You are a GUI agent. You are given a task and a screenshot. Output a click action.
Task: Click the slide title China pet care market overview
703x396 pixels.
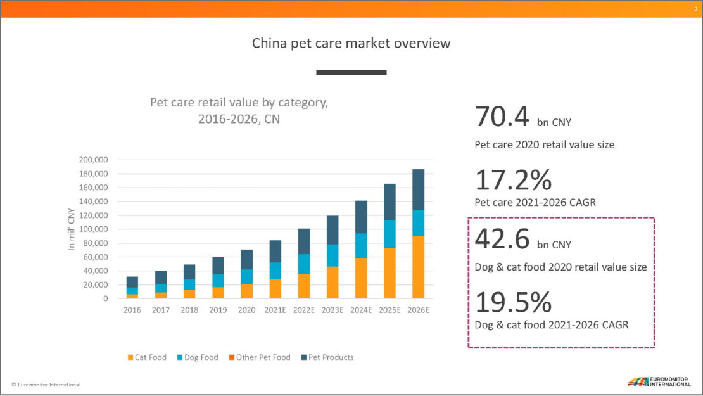click(351, 43)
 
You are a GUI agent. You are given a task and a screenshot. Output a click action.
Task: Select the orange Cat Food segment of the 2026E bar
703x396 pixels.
click(418, 267)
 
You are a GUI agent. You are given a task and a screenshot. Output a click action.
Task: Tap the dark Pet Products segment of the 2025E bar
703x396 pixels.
click(389, 202)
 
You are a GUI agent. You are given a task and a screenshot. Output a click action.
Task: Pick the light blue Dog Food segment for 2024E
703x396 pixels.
click(360, 246)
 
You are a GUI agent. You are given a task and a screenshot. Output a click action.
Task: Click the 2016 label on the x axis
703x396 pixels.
click(132, 310)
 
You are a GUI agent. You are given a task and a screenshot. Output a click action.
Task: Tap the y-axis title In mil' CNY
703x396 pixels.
click(72, 229)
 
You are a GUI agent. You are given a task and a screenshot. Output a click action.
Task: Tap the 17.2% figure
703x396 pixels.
click(513, 181)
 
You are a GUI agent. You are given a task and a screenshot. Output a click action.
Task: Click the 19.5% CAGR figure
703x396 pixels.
click(513, 303)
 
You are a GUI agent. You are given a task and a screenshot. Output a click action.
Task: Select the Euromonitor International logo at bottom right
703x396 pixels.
click(659, 382)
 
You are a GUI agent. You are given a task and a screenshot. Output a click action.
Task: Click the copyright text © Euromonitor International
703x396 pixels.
click(46, 385)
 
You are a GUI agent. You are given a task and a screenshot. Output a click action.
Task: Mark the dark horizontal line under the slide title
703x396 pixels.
click(351, 73)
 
